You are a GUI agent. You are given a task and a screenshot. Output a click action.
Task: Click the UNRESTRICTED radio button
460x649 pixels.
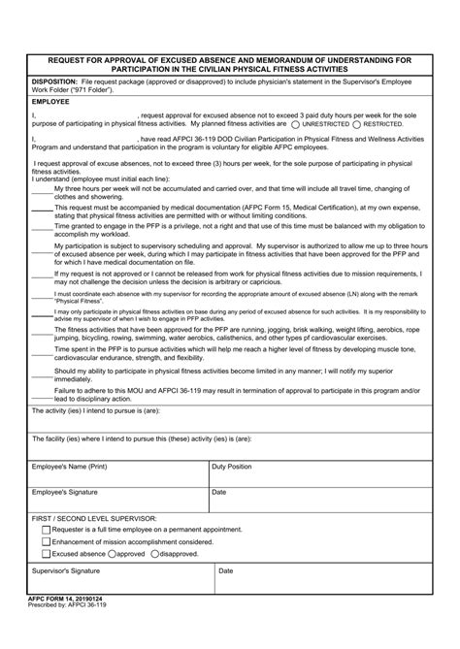point(295,125)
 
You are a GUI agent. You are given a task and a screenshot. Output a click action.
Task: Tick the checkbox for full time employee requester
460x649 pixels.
point(45,530)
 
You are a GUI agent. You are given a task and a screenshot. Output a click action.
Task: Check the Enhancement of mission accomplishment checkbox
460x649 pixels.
point(45,541)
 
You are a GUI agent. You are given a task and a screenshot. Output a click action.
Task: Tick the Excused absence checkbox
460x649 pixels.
point(45,554)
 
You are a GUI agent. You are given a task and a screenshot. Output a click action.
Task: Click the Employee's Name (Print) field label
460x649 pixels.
point(69,467)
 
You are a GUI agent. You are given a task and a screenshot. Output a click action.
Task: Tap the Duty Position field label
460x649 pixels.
point(232,467)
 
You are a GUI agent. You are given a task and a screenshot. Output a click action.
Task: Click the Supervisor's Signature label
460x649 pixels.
point(66,571)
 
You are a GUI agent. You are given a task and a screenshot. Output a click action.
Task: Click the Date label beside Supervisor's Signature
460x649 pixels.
point(226,571)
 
